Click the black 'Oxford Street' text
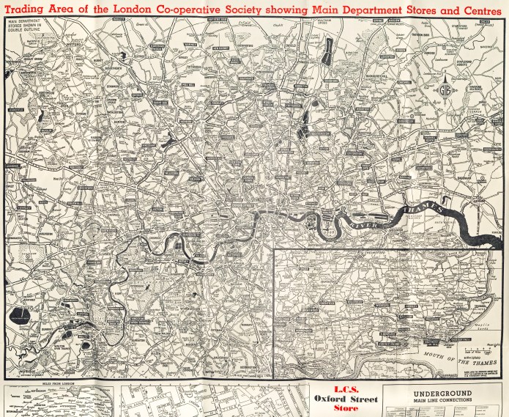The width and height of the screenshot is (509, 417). (341, 399)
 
